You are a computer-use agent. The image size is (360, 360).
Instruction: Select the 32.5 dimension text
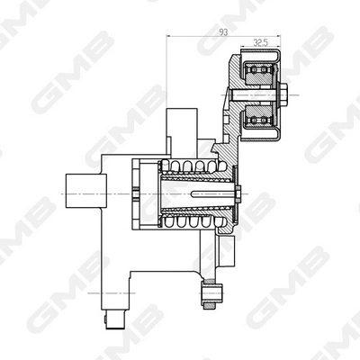[260, 41]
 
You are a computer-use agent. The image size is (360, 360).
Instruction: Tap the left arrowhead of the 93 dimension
[171, 37]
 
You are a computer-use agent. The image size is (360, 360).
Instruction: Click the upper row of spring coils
[190, 166]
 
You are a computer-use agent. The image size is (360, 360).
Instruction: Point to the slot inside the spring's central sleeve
[202, 191]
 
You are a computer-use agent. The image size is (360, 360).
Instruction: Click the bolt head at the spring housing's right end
[238, 191]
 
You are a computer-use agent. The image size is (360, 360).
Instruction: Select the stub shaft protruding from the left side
[82, 190]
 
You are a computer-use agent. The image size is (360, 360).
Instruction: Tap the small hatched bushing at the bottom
[211, 292]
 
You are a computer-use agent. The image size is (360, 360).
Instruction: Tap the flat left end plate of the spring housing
[135, 191]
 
